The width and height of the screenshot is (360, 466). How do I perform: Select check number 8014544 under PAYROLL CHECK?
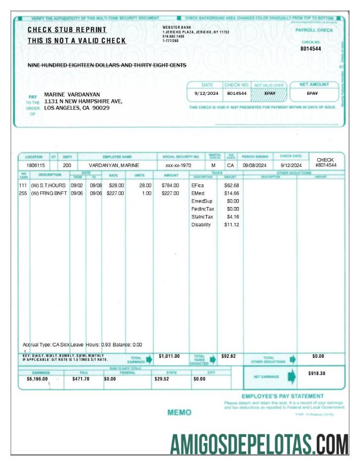point(311,49)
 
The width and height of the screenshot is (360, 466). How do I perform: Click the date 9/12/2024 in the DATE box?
point(203,93)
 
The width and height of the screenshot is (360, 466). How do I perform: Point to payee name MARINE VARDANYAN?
point(72,94)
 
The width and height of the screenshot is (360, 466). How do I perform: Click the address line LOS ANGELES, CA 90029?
point(77,107)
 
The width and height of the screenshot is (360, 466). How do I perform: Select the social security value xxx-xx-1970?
point(178,165)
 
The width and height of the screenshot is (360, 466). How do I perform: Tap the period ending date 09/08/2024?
point(255,165)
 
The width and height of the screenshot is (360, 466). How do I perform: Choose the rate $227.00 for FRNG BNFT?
point(115,193)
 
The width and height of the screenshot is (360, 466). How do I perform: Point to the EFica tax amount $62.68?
point(231,185)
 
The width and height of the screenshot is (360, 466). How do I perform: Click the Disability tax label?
point(201,225)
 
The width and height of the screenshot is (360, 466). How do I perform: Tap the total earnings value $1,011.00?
point(169,356)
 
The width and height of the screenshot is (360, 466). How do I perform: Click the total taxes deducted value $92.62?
point(228,356)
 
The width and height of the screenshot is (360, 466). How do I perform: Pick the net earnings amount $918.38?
point(316,374)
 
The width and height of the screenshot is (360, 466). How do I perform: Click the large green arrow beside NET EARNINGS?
point(291,377)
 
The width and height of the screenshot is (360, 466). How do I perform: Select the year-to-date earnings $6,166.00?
point(37,379)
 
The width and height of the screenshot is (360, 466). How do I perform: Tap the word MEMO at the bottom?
point(179,412)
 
